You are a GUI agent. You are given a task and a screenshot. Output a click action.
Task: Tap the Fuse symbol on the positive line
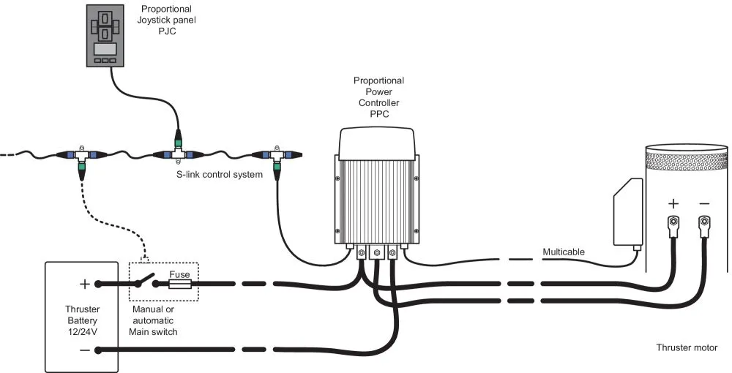(180, 284)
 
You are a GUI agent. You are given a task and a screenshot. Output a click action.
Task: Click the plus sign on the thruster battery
(83, 284)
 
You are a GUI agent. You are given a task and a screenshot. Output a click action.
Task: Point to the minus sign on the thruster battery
(83, 350)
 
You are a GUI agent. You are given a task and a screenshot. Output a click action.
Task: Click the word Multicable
(564, 252)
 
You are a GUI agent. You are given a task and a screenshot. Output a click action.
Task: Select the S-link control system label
(219, 174)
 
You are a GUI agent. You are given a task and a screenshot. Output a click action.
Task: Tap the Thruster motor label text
(687, 348)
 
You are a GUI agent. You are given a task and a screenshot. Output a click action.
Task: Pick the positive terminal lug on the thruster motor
(673, 222)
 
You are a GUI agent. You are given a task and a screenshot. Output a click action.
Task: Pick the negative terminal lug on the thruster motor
(704, 222)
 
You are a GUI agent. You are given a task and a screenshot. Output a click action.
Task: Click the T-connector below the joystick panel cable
(176, 155)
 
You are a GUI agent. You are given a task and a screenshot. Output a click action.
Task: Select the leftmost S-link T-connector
(81, 156)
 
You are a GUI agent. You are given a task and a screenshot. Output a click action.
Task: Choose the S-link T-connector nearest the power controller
(274, 156)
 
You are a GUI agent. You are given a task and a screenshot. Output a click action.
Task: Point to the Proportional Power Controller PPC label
(378, 97)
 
